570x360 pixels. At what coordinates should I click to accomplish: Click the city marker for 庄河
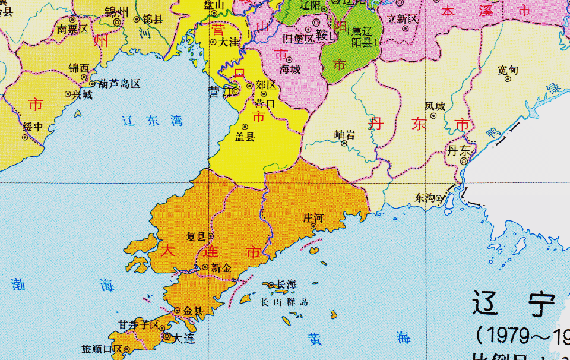coord(313,226)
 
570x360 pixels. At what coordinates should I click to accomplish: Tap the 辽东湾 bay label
coord(153,121)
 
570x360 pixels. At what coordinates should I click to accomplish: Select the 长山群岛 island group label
coord(284,302)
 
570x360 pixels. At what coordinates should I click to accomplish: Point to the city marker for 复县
coord(210,236)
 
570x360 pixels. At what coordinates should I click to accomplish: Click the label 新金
coord(220,268)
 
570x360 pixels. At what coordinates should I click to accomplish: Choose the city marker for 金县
coord(177,310)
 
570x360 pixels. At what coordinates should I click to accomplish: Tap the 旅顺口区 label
coord(102,349)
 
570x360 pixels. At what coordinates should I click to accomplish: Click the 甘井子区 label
coord(138,325)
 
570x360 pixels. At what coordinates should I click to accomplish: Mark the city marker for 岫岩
coord(344,143)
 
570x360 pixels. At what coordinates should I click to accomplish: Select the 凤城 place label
coord(435,106)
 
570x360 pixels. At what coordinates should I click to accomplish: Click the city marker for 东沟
coord(439,198)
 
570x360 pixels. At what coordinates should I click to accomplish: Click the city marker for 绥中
coord(25,137)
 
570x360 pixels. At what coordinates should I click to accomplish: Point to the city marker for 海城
coord(289,59)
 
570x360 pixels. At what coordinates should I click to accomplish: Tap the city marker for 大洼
coord(213,42)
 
